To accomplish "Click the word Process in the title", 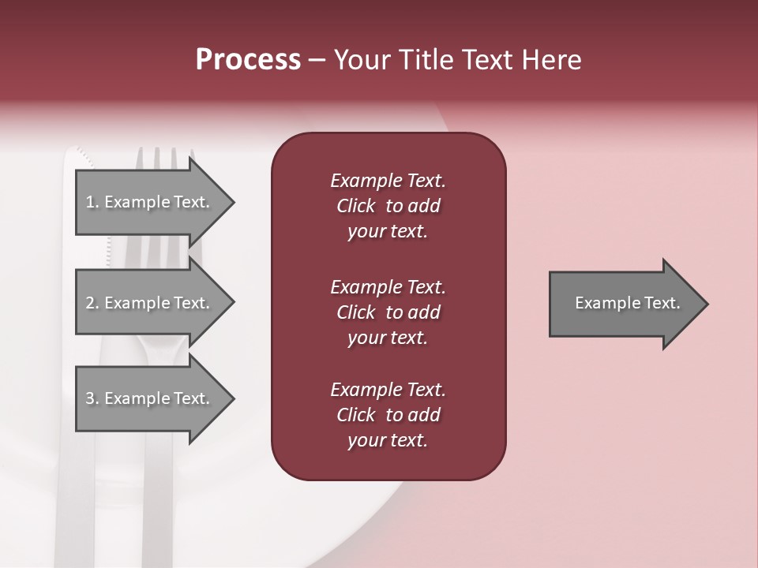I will tap(248, 60).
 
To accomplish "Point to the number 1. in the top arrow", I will tap(92, 202).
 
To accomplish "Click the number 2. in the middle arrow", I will tap(92, 303).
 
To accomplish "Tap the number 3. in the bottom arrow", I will tap(92, 398).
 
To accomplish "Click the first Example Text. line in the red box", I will tap(388, 181).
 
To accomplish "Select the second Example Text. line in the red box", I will tap(388, 287).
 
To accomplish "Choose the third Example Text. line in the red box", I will tap(388, 390).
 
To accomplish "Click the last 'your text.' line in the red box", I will tap(388, 441).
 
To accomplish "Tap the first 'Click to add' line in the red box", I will tap(388, 206).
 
